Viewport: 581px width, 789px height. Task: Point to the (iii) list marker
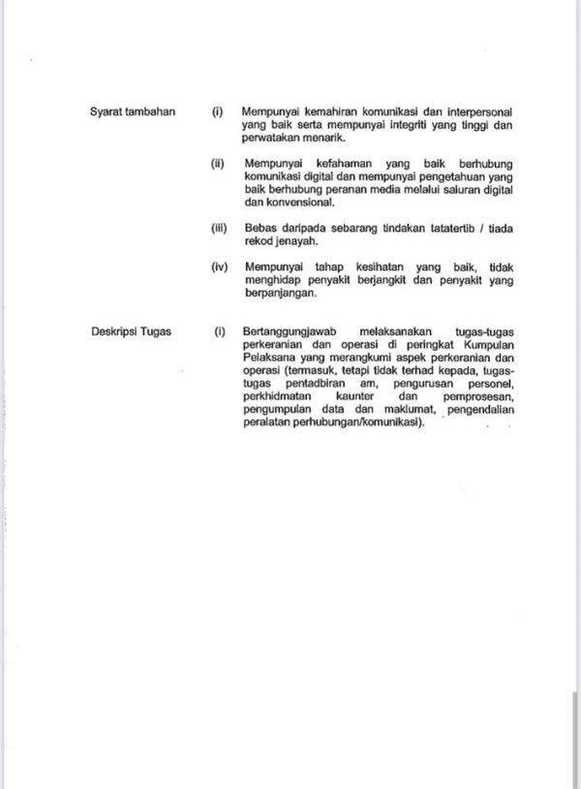click(x=218, y=227)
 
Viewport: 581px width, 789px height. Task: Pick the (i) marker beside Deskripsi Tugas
click(x=220, y=331)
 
